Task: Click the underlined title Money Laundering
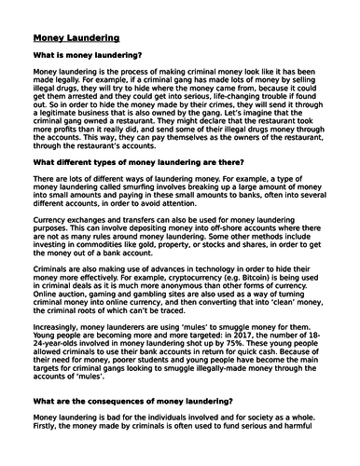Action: tap(76, 39)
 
